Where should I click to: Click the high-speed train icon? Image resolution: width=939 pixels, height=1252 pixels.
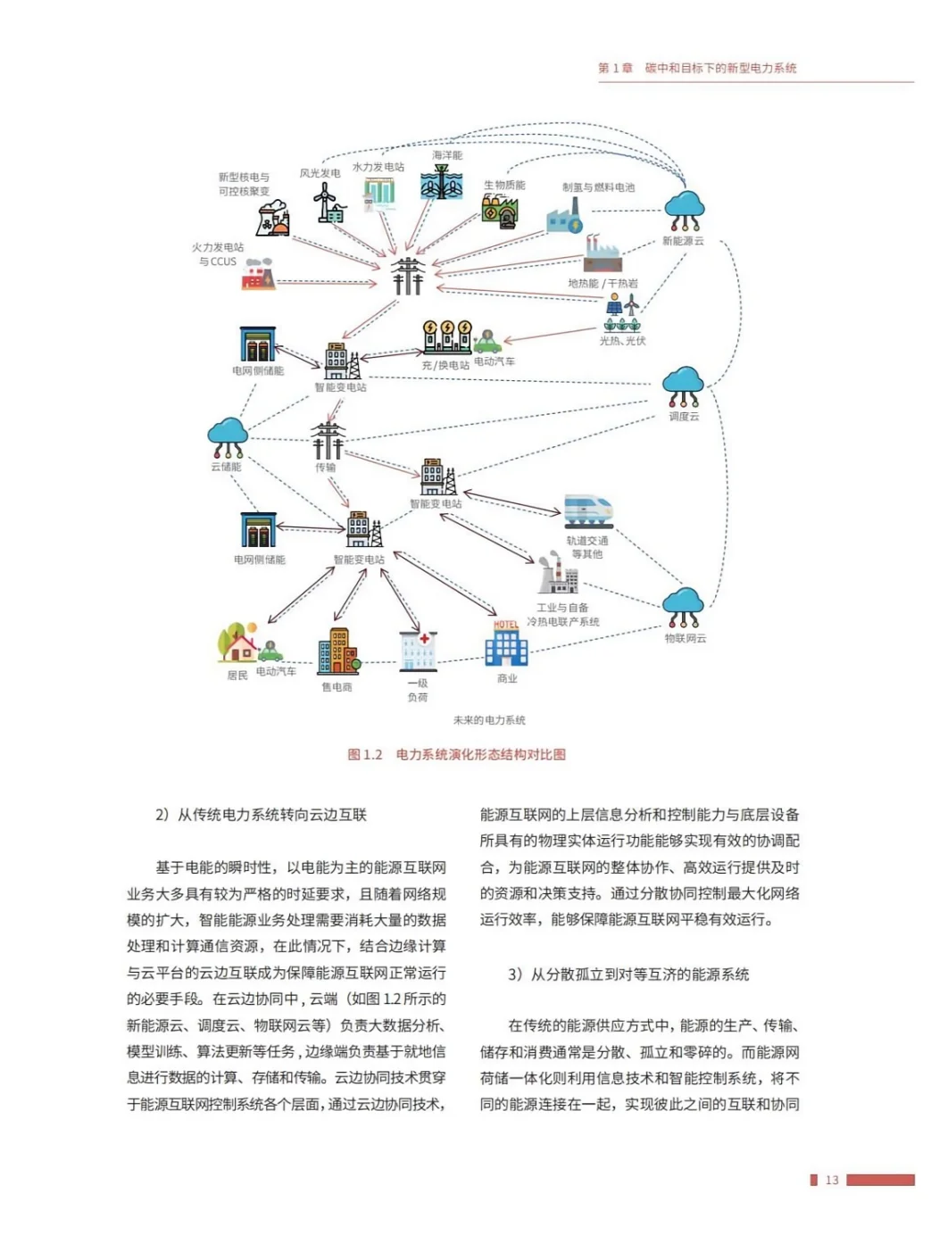pyautogui.click(x=587, y=510)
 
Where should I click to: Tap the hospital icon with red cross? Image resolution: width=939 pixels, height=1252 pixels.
pyautogui.click(x=418, y=651)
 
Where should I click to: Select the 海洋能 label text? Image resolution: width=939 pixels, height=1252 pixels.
pyautogui.click(x=447, y=155)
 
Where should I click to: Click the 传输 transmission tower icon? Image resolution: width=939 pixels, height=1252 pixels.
pyautogui.click(x=328, y=439)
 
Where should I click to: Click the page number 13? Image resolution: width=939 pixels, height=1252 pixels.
pyautogui.click(x=832, y=1180)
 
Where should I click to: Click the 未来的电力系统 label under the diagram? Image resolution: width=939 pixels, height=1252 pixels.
pyautogui.click(x=489, y=720)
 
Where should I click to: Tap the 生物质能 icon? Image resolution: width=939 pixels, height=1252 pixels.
pyautogui.click(x=499, y=211)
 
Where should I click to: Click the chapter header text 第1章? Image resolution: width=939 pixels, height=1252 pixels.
pyautogui.click(x=615, y=68)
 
